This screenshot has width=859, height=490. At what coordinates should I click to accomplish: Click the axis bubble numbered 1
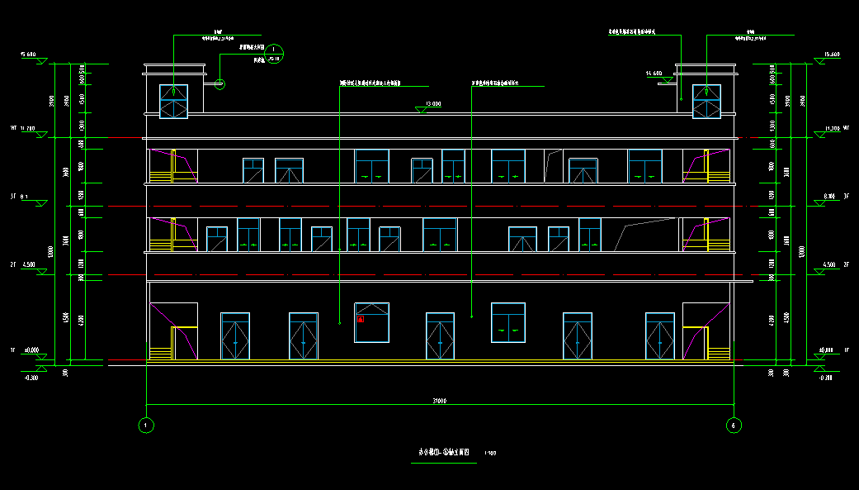[x=146, y=426]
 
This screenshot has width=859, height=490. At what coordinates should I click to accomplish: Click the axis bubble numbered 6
[x=733, y=426]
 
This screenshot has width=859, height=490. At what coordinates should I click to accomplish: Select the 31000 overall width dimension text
[x=439, y=401]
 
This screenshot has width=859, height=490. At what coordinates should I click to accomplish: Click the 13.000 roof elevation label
[x=432, y=104]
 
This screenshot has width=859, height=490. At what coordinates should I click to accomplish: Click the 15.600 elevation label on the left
[x=28, y=55]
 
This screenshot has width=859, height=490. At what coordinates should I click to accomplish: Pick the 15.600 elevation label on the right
[x=831, y=55]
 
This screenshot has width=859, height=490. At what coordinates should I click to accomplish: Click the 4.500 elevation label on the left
[x=29, y=264]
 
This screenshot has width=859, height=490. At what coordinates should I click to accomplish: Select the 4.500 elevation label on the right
[x=830, y=264]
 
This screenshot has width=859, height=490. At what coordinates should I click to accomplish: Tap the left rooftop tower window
[x=173, y=101]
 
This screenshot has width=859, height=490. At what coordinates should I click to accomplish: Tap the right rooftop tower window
[x=706, y=102]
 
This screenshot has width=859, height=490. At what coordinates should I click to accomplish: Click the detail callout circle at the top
[x=274, y=54]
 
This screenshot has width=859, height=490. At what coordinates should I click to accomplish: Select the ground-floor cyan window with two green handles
[x=508, y=321]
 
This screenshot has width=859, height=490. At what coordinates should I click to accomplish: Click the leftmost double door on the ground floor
[x=235, y=335]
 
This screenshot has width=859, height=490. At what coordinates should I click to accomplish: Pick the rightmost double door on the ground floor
[x=659, y=335]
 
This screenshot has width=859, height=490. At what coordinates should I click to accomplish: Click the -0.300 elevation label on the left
[x=31, y=377]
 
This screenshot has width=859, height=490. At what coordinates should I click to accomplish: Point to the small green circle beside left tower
[x=220, y=83]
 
